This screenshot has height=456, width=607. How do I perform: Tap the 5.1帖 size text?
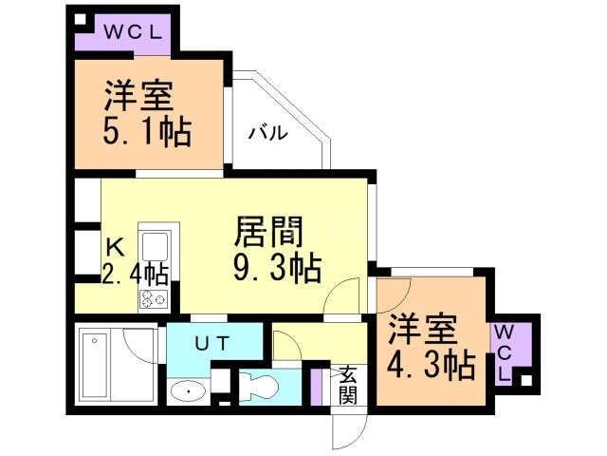coord(147,131)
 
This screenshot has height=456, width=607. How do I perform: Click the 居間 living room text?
coord(267,231)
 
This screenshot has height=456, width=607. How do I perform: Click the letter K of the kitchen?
coord(114,246)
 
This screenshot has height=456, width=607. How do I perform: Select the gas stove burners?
coord(154,298)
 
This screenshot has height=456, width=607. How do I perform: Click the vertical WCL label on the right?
coord(504,352)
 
